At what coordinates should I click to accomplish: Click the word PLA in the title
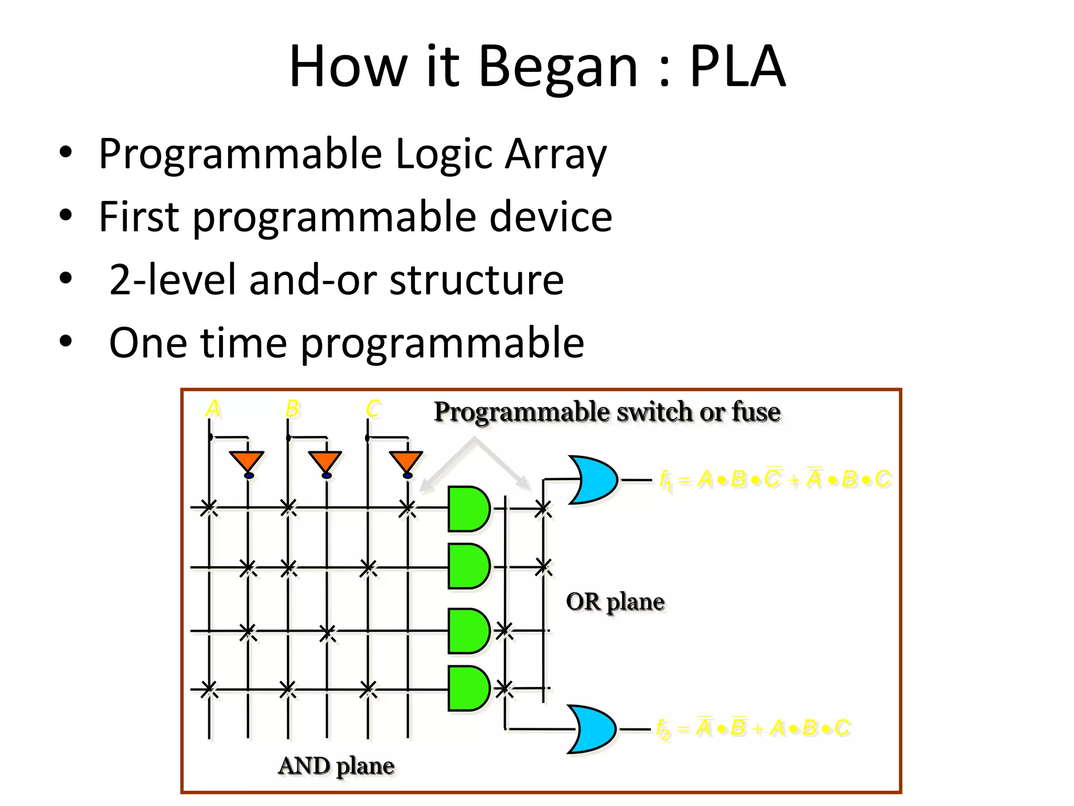(x=737, y=67)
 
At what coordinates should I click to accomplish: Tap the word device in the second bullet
(x=550, y=217)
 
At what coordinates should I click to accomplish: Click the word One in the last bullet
(x=147, y=343)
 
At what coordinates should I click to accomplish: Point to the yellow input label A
(x=212, y=409)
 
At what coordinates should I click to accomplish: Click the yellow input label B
(x=292, y=409)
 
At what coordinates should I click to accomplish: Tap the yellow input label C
(x=372, y=409)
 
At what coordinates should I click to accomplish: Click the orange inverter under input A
(x=247, y=462)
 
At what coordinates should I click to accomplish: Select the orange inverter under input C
(x=406, y=462)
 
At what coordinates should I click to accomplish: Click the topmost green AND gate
(x=468, y=509)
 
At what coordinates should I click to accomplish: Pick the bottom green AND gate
(x=468, y=688)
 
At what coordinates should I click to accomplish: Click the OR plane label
(x=615, y=602)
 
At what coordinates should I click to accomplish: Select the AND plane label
(x=336, y=766)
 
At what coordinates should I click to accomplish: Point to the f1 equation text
(x=775, y=479)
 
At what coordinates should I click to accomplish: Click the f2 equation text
(x=753, y=728)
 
